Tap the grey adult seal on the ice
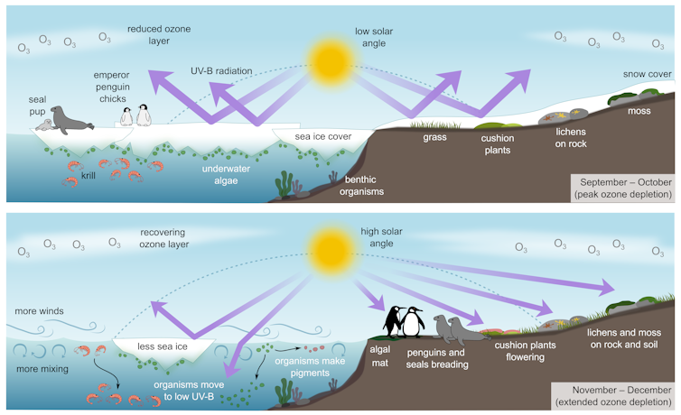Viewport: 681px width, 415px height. [70, 119]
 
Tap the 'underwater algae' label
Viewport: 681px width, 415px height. [226, 173]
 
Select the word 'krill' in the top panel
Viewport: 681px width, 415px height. [89, 176]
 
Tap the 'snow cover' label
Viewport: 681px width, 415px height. [647, 74]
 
